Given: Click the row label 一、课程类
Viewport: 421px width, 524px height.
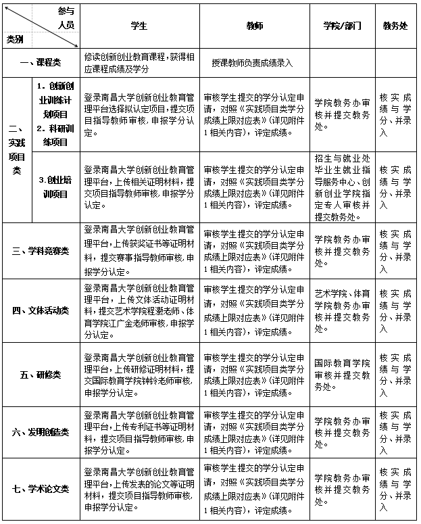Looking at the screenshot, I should coord(41,62).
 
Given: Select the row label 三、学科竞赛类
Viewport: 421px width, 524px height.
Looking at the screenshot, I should coord(41,251).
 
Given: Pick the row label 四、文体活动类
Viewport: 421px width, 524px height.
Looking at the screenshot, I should coord(41,310).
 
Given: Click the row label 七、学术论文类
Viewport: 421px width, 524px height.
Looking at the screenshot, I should coord(41,489).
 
